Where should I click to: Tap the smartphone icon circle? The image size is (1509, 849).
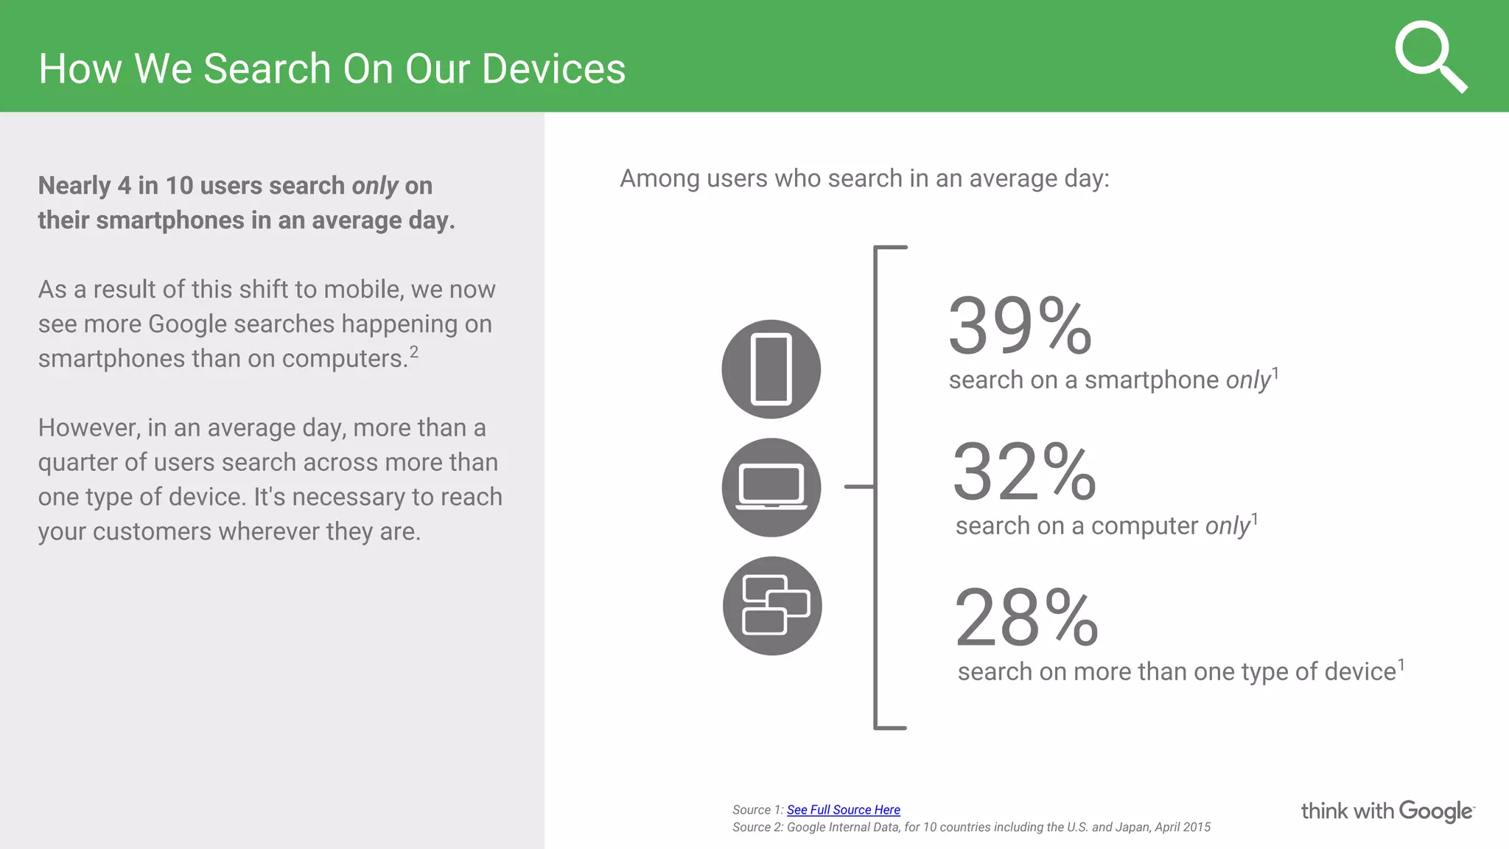pos(771,369)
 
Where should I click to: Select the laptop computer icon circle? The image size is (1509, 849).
pos(771,487)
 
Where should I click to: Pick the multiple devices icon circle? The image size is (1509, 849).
pos(771,606)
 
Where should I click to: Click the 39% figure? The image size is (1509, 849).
pos(1019,326)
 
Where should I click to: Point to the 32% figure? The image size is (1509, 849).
pos(1023,472)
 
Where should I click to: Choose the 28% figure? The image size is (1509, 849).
pos(1026,618)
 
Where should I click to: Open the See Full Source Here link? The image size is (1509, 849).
pos(843,810)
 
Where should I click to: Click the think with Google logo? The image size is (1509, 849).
pos(1387,811)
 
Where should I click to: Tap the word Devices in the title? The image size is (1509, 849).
pos(553,69)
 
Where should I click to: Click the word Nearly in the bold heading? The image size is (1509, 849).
pos(74,186)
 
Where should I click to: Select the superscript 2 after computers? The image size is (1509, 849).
pos(414,352)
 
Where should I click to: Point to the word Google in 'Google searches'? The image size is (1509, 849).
pos(188,324)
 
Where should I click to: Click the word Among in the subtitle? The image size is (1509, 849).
pos(659,179)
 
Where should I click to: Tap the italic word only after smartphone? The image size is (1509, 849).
pos(1248,380)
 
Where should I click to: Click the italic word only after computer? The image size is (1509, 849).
pos(1228,526)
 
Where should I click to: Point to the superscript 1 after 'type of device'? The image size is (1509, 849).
pos(1401,665)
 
